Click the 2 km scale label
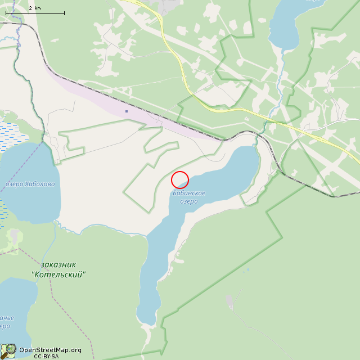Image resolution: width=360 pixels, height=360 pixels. coord(34,8)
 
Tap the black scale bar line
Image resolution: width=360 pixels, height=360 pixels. coord(35,13)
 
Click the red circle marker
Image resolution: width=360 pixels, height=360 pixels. coord(179,179)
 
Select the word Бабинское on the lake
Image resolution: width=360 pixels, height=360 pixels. coord(188,193)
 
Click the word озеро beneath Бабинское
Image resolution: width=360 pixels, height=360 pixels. coord(189,201)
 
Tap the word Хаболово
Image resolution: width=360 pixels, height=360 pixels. coord(40,184)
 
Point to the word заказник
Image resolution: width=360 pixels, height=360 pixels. coord(58,264)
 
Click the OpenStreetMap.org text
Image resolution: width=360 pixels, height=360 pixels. coord(50,350)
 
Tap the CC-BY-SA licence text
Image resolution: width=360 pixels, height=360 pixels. coord(46,356)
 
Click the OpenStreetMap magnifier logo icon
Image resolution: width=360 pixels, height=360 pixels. coord(8,350)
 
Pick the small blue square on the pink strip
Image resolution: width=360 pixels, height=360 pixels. coord(127,111)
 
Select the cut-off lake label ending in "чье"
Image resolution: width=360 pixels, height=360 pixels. coord(4,318)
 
